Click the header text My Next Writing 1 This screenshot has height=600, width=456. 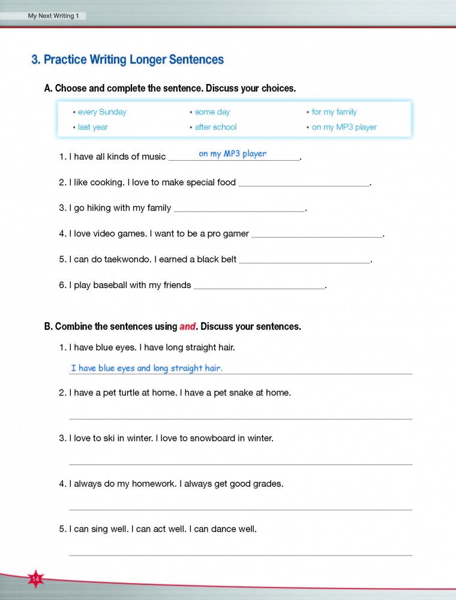pyautogui.click(x=53, y=16)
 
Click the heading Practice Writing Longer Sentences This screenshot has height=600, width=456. pyautogui.click(x=127, y=59)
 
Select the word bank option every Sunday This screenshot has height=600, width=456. pyautogui.click(x=102, y=112)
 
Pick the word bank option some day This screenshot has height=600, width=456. pyautogui.click(x=212, y=112)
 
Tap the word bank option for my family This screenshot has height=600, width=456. pyautogui.click(x=334, y=112)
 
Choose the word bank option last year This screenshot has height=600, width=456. pyautogui.click(x=93, y=127)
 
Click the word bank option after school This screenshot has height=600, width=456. pyautogui.click(x=216, y=127)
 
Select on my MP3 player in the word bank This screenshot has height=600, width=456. pyautogui.click(x=344, y=127)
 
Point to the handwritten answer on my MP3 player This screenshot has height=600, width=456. pyautogui.click(x=233, y=154)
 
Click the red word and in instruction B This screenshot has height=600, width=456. pyautogui.click(x=188, y=327)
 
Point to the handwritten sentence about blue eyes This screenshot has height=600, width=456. pyautogui.click(x=146, y=368)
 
